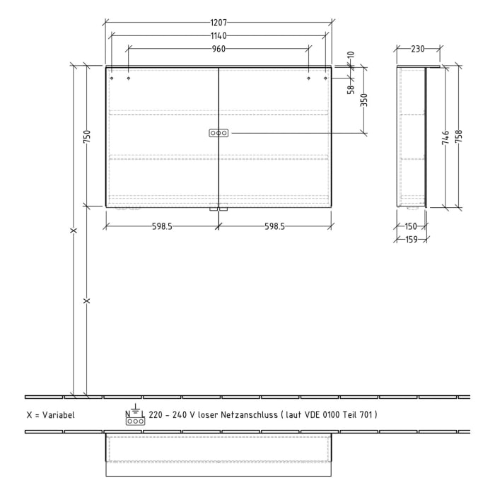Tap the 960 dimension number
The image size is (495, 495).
click(219, 49)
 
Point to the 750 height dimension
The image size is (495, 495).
click(87, 136)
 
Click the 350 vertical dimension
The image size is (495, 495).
click(364, 100)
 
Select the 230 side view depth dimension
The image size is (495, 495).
click(417, 49)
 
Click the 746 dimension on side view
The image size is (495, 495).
click(445, 136)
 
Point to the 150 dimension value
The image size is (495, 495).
click(411, 226)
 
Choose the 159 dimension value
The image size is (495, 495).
click(411, 240)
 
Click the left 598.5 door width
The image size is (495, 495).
click(162, 226)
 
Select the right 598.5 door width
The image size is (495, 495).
click(274, 226)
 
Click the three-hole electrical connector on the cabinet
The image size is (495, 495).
click(219, 133)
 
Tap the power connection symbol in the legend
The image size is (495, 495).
click(134, 417)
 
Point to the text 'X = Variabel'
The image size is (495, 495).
click(49, 415)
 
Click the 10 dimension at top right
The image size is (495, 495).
click(350, 55)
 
